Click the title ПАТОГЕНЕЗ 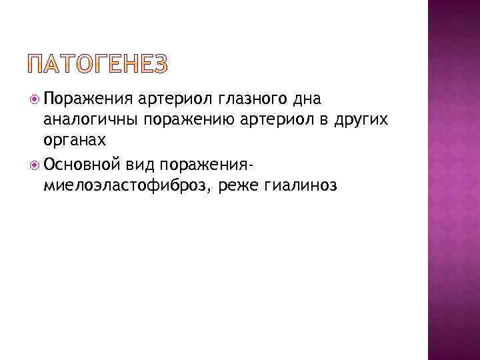tap(98, 65)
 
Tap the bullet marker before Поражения tap(35, 99)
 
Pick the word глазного tap(249, 100)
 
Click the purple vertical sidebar tap(453, 180)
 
